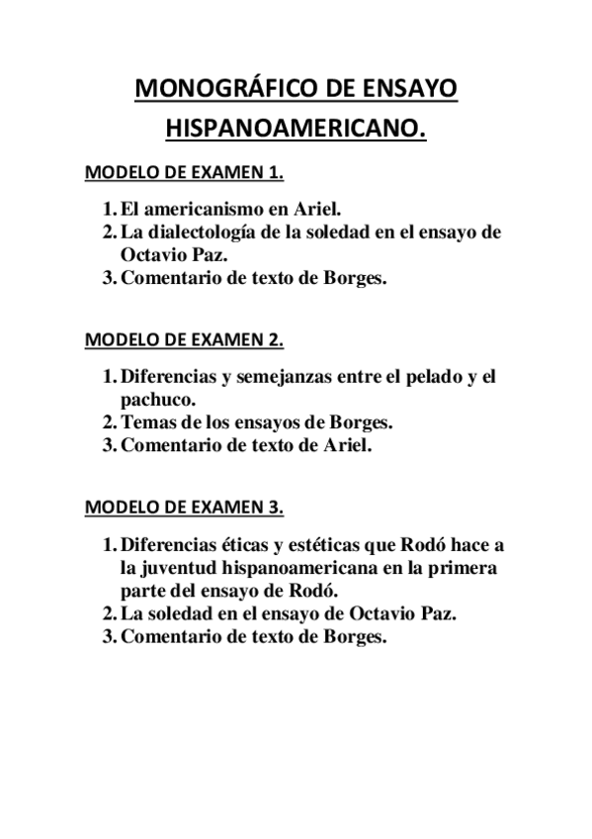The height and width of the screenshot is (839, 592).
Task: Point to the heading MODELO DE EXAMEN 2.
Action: pyautogui.click(x=185, y=340)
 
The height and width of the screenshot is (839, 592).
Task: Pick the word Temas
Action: pyautogui.click(x=146, y=423)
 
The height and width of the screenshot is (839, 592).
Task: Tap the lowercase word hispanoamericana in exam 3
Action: pyautogui.click(x=316, y=568)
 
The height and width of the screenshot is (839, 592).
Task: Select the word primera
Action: pyautogui.click(x=466, y=568)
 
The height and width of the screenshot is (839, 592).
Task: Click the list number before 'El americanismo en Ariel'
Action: pyautogui.click(x=109, y=210)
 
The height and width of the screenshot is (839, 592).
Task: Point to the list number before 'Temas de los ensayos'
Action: pyautogui.click(x=109, y=423)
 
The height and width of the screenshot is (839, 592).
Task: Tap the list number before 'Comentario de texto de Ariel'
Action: pyautogui.click(x=109, y=446)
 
